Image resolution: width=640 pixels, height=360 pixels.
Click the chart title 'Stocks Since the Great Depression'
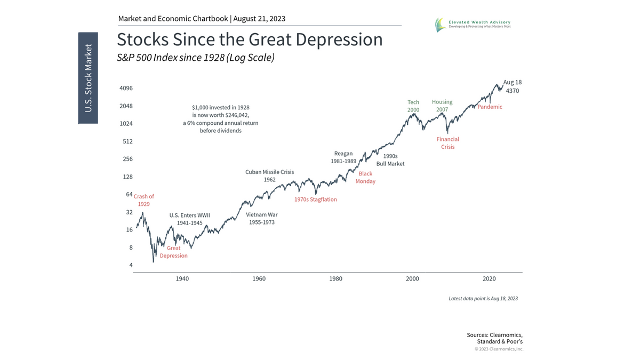pyautogui.click(x=250, y=40)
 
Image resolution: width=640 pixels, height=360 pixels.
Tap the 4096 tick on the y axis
pyautogui.click(x=126, y=88)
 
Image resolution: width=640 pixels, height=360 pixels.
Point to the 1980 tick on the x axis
pyautogui.click(x=335, y=278)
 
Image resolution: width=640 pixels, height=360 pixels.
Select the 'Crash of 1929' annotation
pyautogui.click(x=143, y=200)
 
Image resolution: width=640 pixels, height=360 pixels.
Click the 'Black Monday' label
pyautogui.click(x=365, y=178)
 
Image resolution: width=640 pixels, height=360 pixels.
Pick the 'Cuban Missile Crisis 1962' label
pyautogui.click(x=269, y=176)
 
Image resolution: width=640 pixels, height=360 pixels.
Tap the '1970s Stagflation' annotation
pyautogui.click(x=315, y=199)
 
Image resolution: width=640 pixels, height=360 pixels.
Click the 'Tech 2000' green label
pyautogui.click(x=413, y=106)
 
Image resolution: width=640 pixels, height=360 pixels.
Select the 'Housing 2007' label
pyautogui.click(x=442, y=106)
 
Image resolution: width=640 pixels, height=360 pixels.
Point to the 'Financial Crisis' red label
pyautogui.click(x=447, y=143)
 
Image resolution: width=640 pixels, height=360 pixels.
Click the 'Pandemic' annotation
pyautogui.click(x=490, y=107)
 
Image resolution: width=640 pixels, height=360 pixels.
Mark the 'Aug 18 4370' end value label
pyautogui.click(x=512, y=86)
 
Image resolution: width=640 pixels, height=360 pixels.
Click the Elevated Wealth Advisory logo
pyautogui.click(x=472, y=24)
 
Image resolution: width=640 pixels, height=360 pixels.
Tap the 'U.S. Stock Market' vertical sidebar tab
pyautogui.click(x=88, y=78)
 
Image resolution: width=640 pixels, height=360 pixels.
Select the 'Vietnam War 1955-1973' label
pyautogui.click(x=261, y=218)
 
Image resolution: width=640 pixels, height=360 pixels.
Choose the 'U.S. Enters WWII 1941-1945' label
pyautogui.click(x=189, y=219)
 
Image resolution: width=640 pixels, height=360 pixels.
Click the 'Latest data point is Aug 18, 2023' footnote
pyautogui.click(x=483, y=299)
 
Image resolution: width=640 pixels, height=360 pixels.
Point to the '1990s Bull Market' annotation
pyautogui.click(x=390, y=160)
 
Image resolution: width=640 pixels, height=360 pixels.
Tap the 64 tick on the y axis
pyautogui.click(x=129, y=194)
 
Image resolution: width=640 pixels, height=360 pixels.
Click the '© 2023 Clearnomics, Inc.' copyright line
pyautogui.click(x=499, y=349)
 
